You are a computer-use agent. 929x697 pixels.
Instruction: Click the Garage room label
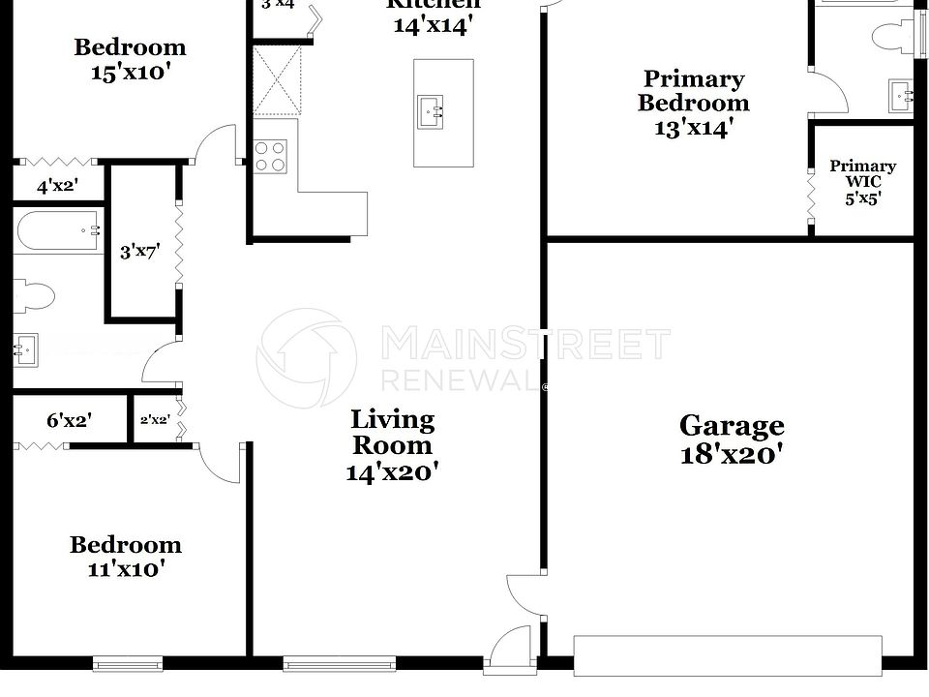731,426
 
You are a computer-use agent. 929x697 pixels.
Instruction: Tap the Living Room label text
392,433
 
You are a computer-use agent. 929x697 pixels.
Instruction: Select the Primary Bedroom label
693,91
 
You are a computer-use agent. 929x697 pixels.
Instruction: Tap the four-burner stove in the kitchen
271,157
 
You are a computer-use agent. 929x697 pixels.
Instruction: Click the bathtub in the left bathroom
57,231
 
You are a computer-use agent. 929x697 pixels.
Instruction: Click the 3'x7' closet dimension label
139,252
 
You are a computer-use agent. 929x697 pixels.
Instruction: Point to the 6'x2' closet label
69,421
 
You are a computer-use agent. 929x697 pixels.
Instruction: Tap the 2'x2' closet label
155,421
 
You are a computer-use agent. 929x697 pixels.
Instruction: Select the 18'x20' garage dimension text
731,453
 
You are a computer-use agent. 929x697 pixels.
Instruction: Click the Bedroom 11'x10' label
126,557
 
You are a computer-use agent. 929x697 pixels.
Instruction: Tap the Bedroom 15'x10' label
131,59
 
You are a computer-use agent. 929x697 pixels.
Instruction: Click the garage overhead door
728,655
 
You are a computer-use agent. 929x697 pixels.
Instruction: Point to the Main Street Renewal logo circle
306,357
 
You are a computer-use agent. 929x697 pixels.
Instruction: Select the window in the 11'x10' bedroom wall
122,663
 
